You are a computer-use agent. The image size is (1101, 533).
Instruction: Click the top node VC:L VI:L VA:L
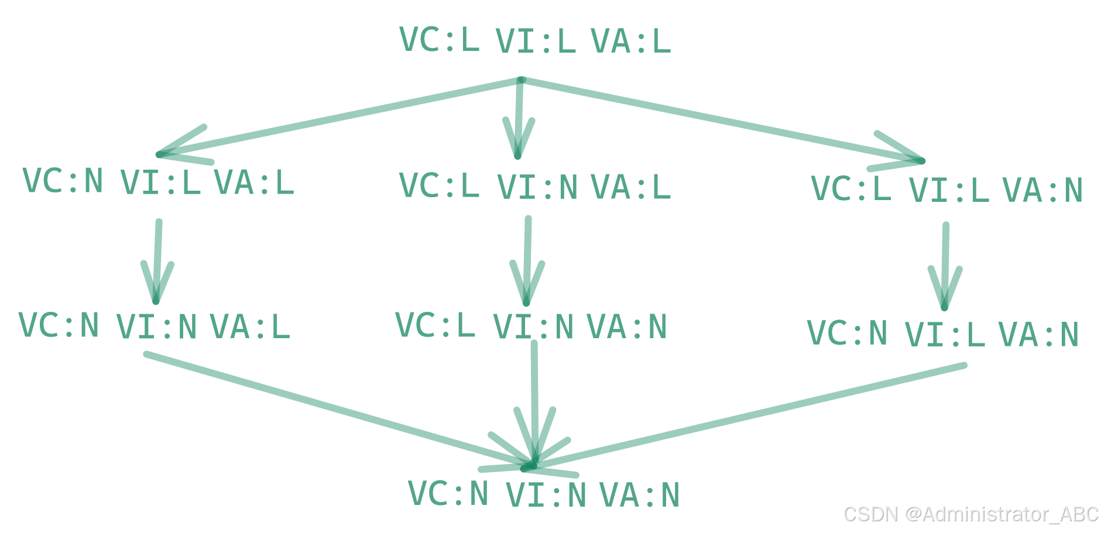(x=535, y=41)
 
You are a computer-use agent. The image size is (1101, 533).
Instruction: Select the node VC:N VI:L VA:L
(x=158, y=182)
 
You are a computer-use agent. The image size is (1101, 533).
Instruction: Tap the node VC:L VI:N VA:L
(x=535, y=187)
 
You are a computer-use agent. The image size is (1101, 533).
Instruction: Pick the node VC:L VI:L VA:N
(x=946, y=190)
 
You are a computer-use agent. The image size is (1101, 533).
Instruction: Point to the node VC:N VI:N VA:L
(x=155, y=326)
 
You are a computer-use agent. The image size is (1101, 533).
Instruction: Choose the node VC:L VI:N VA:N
(x=531, y=326)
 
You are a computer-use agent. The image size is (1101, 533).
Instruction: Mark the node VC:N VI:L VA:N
(x=942, y=334)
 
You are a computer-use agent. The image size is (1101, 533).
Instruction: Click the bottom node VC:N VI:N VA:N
(x=543, y=494)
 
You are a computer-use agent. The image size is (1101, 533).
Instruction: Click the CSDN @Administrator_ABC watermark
(x=970, y=514)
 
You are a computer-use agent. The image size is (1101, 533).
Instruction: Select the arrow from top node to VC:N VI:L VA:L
(x=339, y=117)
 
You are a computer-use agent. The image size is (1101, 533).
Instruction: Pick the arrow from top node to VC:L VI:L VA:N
(x=720, y=120)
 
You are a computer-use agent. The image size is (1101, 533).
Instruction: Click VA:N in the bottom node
(x=640, y=495)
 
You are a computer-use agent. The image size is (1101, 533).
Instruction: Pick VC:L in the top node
(x=439, y=40)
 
